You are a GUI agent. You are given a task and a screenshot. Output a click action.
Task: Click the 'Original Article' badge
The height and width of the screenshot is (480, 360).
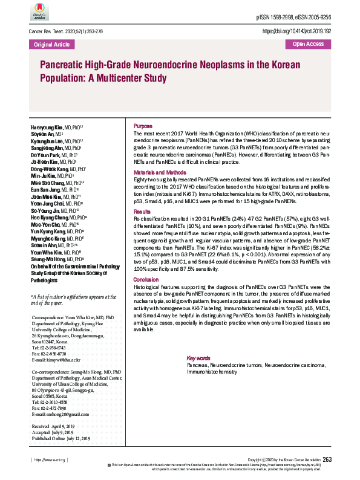(x=52, y=44)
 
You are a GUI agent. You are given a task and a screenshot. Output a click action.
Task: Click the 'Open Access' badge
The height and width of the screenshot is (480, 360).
(x=308, y=44)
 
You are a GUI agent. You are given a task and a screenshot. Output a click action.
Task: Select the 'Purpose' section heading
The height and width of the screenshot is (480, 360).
(x=143, y=125)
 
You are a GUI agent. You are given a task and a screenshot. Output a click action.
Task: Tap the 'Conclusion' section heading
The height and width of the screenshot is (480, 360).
(x=146, y=279)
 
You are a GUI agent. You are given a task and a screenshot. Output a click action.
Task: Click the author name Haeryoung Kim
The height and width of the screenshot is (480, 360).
(x=47, y=128)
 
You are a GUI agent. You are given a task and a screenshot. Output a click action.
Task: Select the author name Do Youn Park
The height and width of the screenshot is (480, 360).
(x=45, y=155)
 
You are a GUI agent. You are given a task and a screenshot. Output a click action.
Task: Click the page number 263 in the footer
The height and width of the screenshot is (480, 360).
(x=327, y=460)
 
